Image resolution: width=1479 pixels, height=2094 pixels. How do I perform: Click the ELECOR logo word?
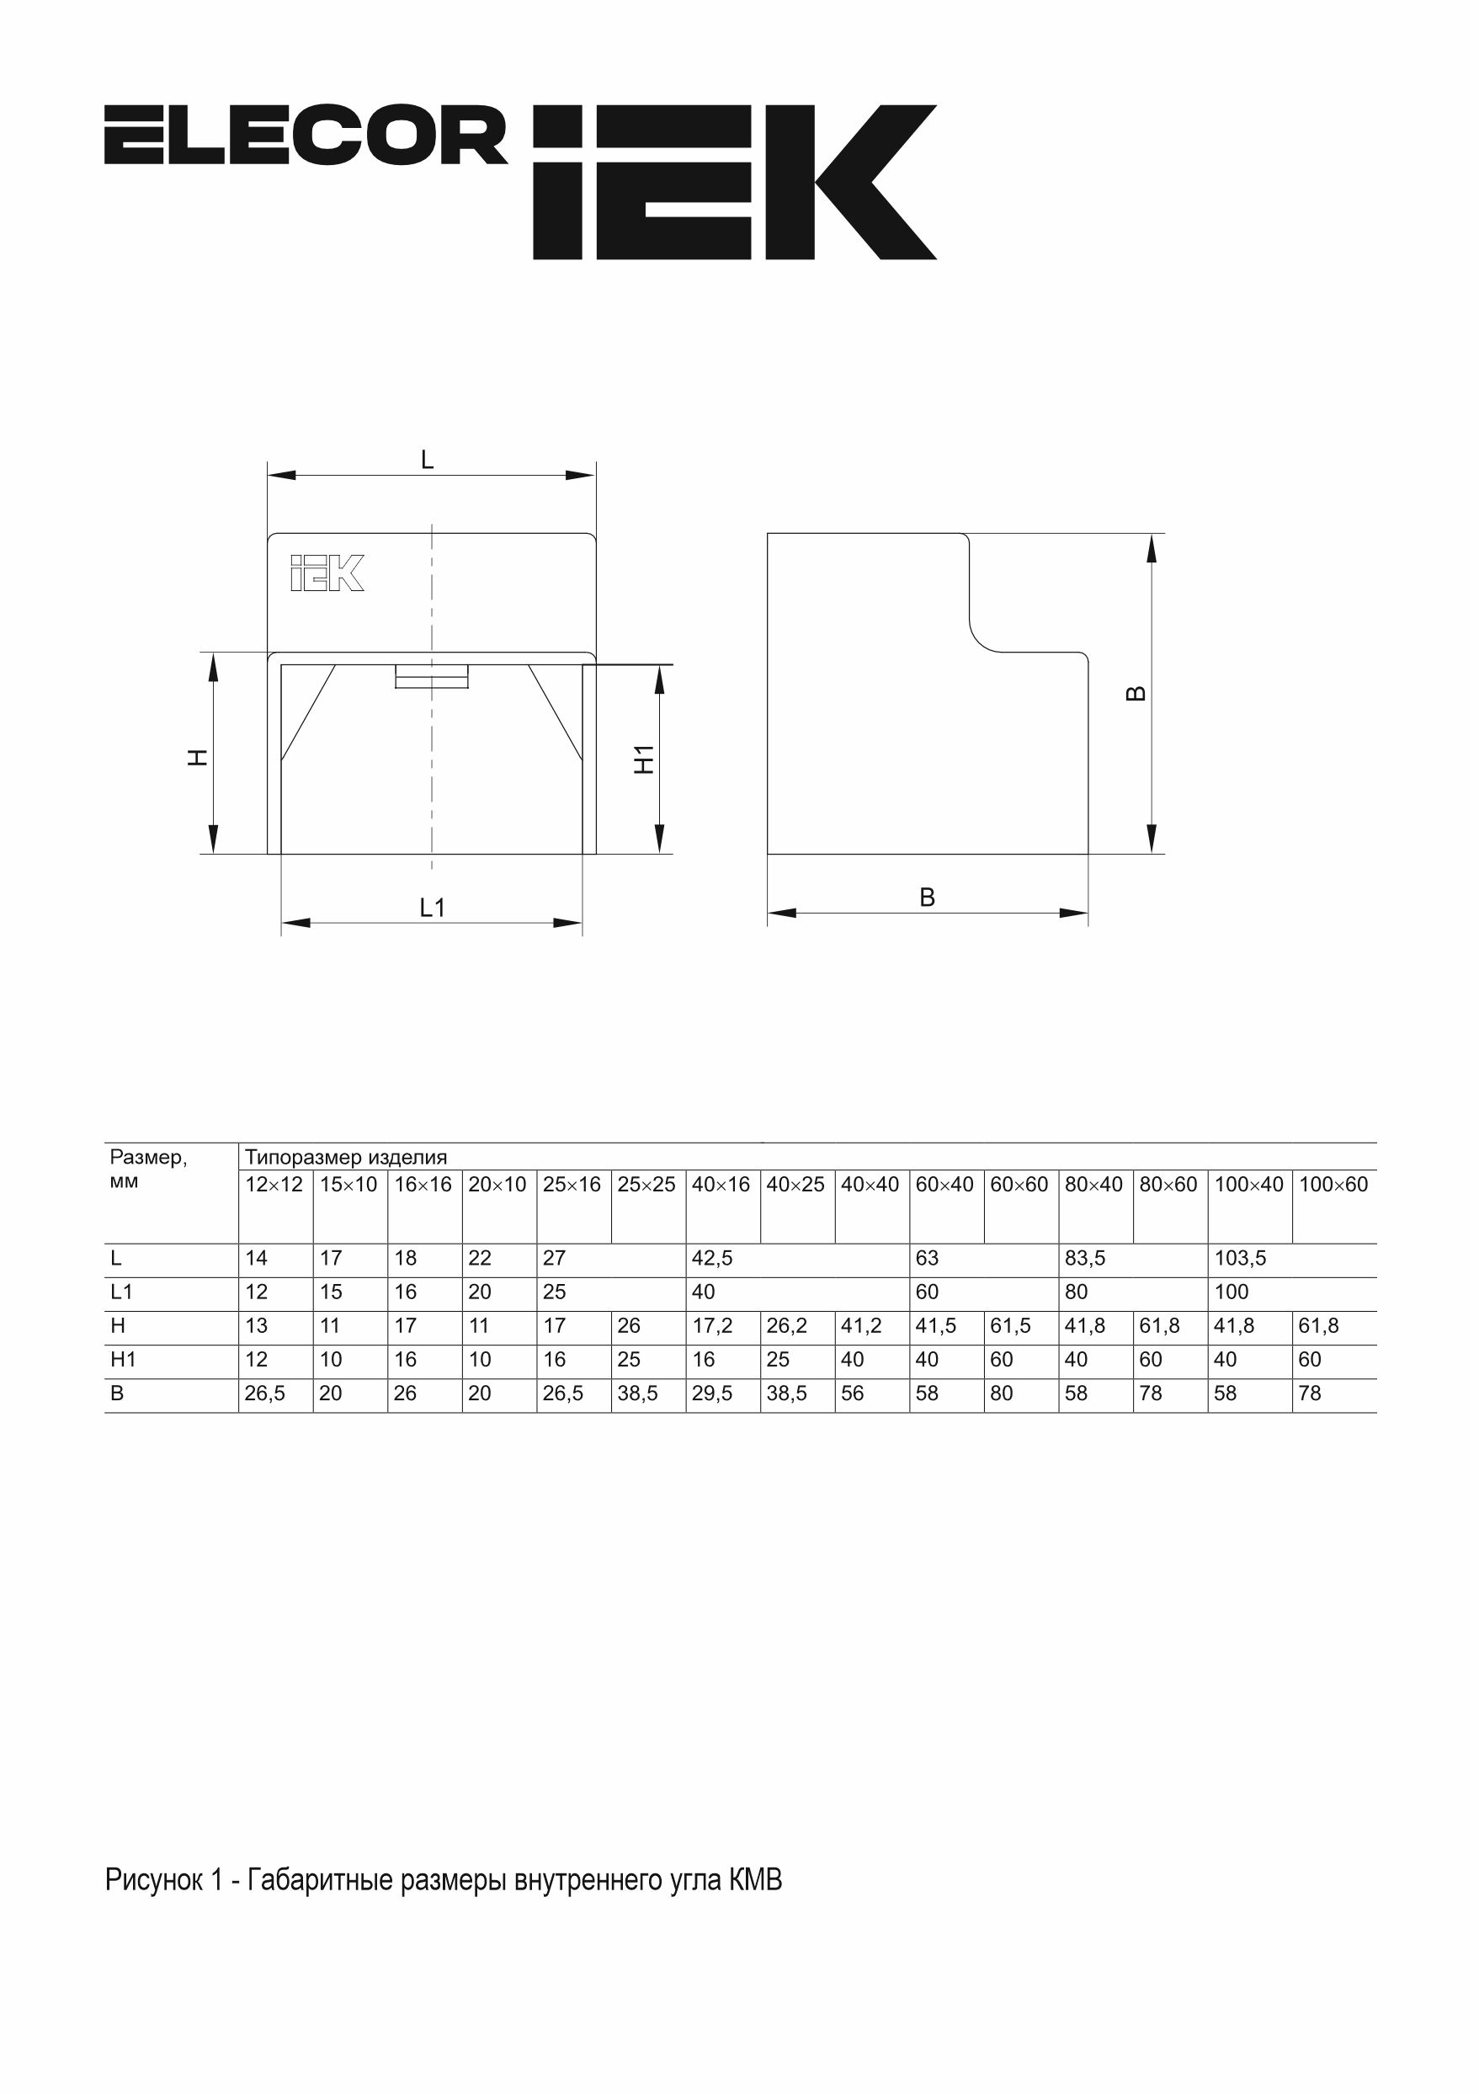click(x=306, y=135)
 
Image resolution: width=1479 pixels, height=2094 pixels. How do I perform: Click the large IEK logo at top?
click(x=734, y=183)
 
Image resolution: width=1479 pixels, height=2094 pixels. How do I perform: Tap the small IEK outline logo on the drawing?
click(x=327, y=573)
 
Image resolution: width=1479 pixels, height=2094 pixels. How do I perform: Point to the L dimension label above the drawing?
click(x=427, y=460)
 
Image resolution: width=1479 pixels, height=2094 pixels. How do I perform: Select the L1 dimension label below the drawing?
click(x=432, y=908)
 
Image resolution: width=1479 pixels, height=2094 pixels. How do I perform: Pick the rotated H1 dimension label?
click(x=645, y=759)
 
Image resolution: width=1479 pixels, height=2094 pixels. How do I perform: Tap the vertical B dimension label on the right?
click(x=1136, y=693)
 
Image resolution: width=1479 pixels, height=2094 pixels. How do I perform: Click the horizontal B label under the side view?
click(x=928, y=898)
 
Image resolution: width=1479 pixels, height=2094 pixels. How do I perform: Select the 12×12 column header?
click(x=274, y=1184)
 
